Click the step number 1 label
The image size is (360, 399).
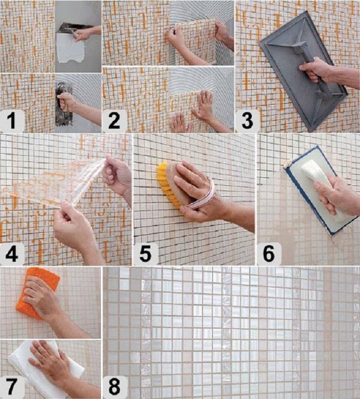(x=12, y=121)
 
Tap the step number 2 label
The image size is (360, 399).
(x=114, y=121)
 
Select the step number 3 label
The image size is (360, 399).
(x=247, y=121)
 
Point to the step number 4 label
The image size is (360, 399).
(x=12, y=253)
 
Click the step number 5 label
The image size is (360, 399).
(x=145, y=253)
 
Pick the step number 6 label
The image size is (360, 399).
(x=269, y=253)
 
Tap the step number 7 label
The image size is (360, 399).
(x=12, y=387)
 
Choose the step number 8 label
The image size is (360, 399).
(x=114, y=387)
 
